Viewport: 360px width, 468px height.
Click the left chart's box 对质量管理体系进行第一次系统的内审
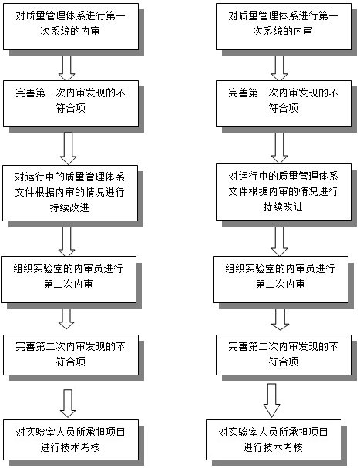coord(71,26)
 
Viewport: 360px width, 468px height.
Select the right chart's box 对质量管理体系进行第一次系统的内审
coord(284,26)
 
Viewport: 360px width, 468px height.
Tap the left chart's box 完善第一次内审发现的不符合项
coord(71,103)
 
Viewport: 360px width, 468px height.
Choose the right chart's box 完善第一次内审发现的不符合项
coord(284,103)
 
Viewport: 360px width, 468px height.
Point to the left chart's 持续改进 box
coord(70,193)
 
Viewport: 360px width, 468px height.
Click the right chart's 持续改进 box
coord(284,192)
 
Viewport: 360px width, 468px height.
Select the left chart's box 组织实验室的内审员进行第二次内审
coord(69,279)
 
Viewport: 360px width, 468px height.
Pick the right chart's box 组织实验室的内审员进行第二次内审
coord(281,279)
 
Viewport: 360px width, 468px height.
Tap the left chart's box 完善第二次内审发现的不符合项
coord(71,355)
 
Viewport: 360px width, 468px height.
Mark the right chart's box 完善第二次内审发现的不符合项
coord(284,355)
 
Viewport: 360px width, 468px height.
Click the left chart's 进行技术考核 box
coord(71,440)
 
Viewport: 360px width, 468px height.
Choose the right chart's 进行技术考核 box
coord(274,440)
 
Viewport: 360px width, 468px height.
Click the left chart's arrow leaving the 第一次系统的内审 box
coord(67,68)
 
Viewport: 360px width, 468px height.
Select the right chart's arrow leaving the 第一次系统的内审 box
coord(279,68)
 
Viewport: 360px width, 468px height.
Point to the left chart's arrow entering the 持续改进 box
coord(68,149)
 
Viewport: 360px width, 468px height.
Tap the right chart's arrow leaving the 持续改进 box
coord(279,241)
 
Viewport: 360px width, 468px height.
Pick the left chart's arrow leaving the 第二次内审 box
coord(66,318)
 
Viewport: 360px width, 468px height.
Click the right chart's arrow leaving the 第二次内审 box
coord(280,319)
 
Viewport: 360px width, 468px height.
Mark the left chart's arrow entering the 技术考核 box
coord(68,403)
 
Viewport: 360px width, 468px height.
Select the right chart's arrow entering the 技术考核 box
coord(271,401)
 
